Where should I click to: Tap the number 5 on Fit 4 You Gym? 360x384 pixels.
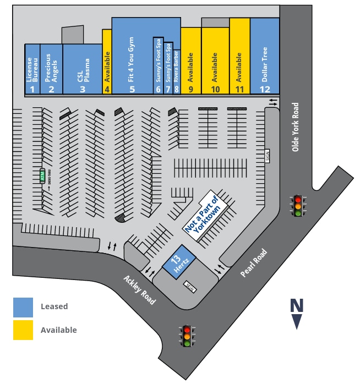click(x=132, y=89)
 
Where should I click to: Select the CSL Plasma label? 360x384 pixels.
click(x=83, y=66)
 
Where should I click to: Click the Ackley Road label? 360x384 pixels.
click(x=139, y=290)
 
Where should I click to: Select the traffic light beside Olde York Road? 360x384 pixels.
click(x=298, y=206)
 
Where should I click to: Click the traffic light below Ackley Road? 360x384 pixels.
click(x=187, y=335)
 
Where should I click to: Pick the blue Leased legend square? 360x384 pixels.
click(x=23, y=307)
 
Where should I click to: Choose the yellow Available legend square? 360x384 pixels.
click(x=23, y=330)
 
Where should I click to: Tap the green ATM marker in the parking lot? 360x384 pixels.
click(x=42, y=176)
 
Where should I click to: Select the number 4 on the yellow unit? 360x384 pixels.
click(x=107, y=89)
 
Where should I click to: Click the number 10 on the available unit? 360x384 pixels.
click(x=215, y=89)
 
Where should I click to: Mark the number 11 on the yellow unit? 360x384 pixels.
click(x=239, y=89)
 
